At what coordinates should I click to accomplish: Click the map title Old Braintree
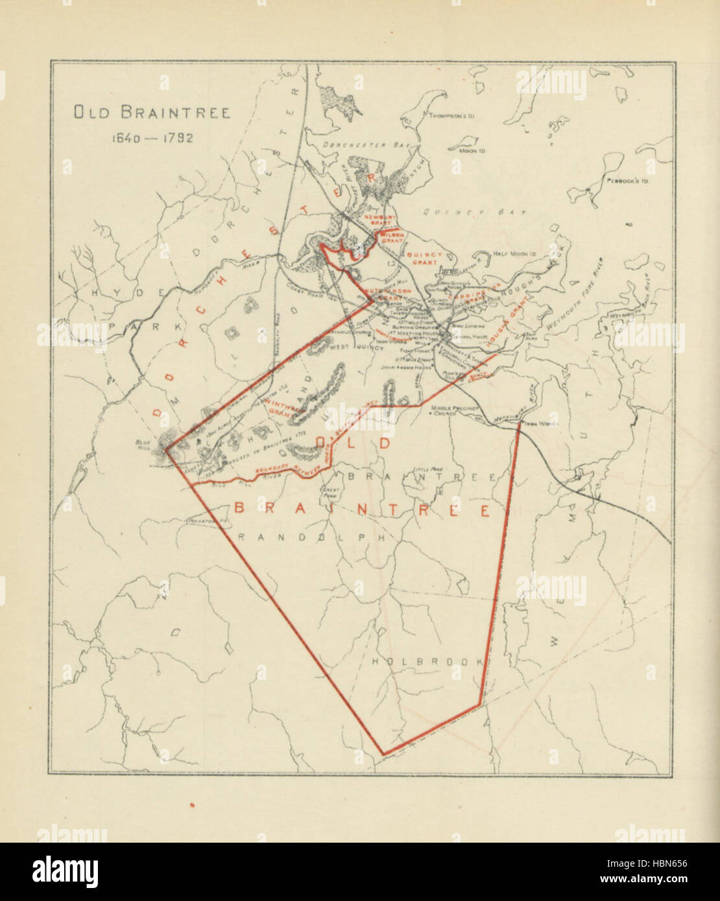pyautogui.click(x=151, y=113)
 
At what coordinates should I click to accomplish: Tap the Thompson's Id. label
pyautogui.click(x=451, y=116)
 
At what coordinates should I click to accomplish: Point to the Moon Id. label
pyautogui.click(x=473, y=150)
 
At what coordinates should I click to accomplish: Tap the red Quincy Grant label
pyautogui.click(x=424, y=259)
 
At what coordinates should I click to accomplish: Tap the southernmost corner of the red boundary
pyautogui.click(x=383, y=754)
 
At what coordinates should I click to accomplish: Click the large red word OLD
pyautogui.click(x=351, y=443)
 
